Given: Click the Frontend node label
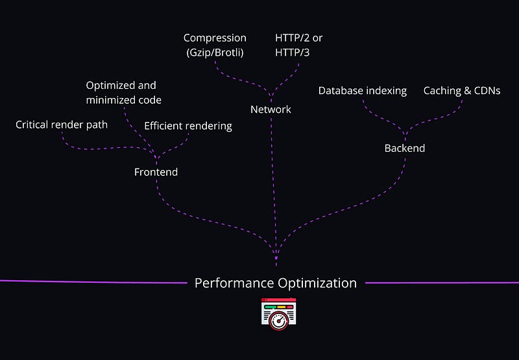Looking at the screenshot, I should [156, 172].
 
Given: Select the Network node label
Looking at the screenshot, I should [271, 109].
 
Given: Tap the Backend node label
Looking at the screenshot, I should [404, 148].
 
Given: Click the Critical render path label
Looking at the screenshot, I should [62, 125].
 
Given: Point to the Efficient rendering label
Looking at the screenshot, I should [187, 126].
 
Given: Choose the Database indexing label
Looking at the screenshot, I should [362, 91].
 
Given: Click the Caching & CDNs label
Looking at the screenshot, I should [461, 91].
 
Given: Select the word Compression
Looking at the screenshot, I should [215, 38].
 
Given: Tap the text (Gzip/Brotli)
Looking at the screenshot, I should [214, 53].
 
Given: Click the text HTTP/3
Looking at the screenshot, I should [293, 53].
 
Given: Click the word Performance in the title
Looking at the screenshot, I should [234, 283].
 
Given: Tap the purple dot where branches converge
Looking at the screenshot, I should [276, 258].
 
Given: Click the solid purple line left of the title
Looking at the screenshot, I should [91, 282].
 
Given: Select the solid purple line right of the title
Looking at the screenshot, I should [441, 283].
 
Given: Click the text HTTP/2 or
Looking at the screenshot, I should [298, 38].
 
